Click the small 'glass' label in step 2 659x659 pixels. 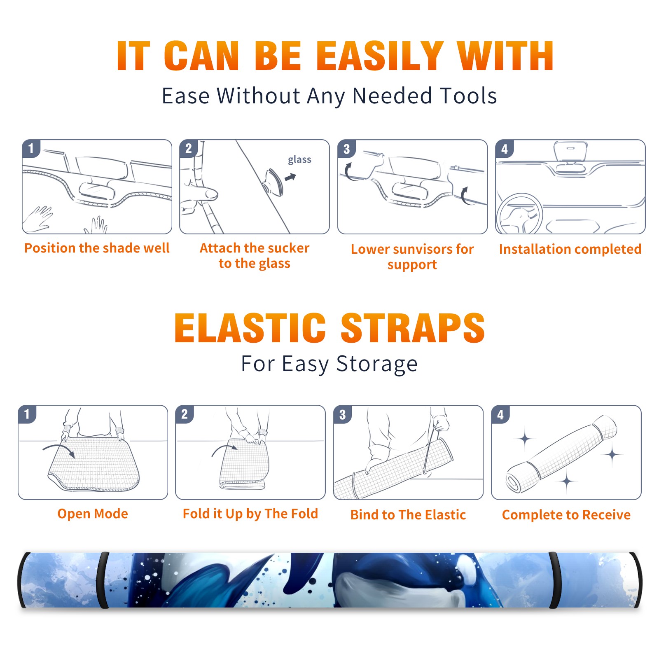pyautogui.click(x=299, y=159)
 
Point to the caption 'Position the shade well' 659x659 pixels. pyautogui.click(x=97, y=248)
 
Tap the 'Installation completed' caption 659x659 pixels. pyautogui.click(x=570, y=249)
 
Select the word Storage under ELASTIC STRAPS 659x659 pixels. pyautogui.click(x=377, y=364)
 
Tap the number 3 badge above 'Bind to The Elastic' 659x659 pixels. pyautogui.click(x=343, y=414)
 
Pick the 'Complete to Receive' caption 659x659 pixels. pyautogui.click(x=566, y=514)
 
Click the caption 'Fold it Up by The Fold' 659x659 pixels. pyautogui.click(x=250, y=514)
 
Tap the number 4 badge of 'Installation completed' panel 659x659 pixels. pyautogui.click(x=505, y=149)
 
